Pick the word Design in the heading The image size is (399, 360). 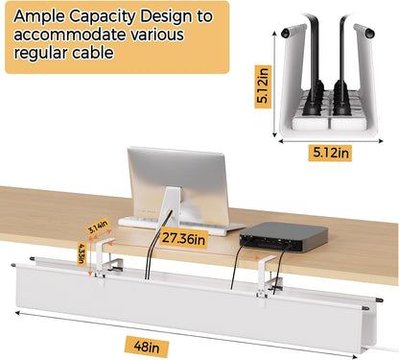(179, 17)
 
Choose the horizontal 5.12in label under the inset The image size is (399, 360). (331, 151)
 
